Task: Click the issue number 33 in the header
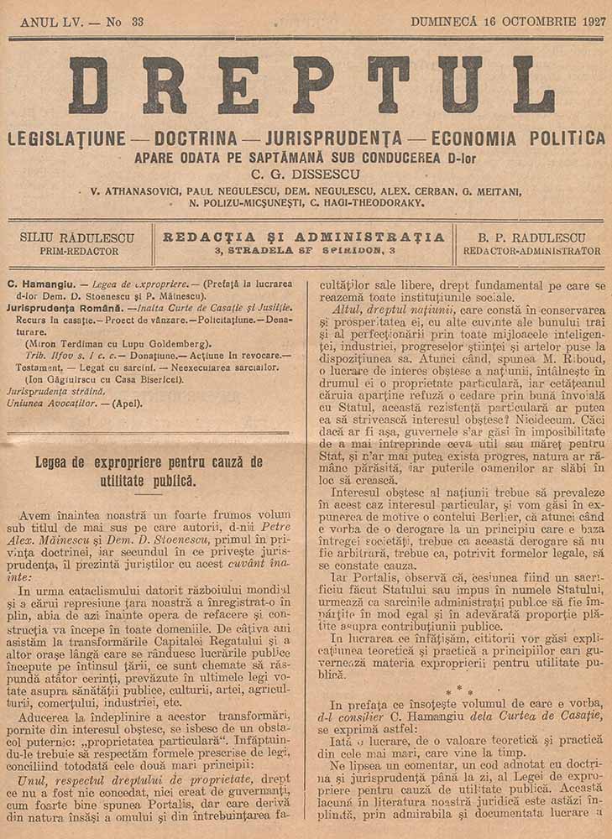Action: click(137, 22)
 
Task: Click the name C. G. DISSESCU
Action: click(306, 175)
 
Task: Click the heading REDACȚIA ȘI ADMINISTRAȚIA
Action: click(304, 237)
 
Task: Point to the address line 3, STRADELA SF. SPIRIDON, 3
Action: click(304, 251)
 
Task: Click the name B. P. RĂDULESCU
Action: click(532, 237)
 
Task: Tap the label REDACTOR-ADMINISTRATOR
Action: click(532, 251)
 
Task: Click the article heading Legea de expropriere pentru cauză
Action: click(149, 462)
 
